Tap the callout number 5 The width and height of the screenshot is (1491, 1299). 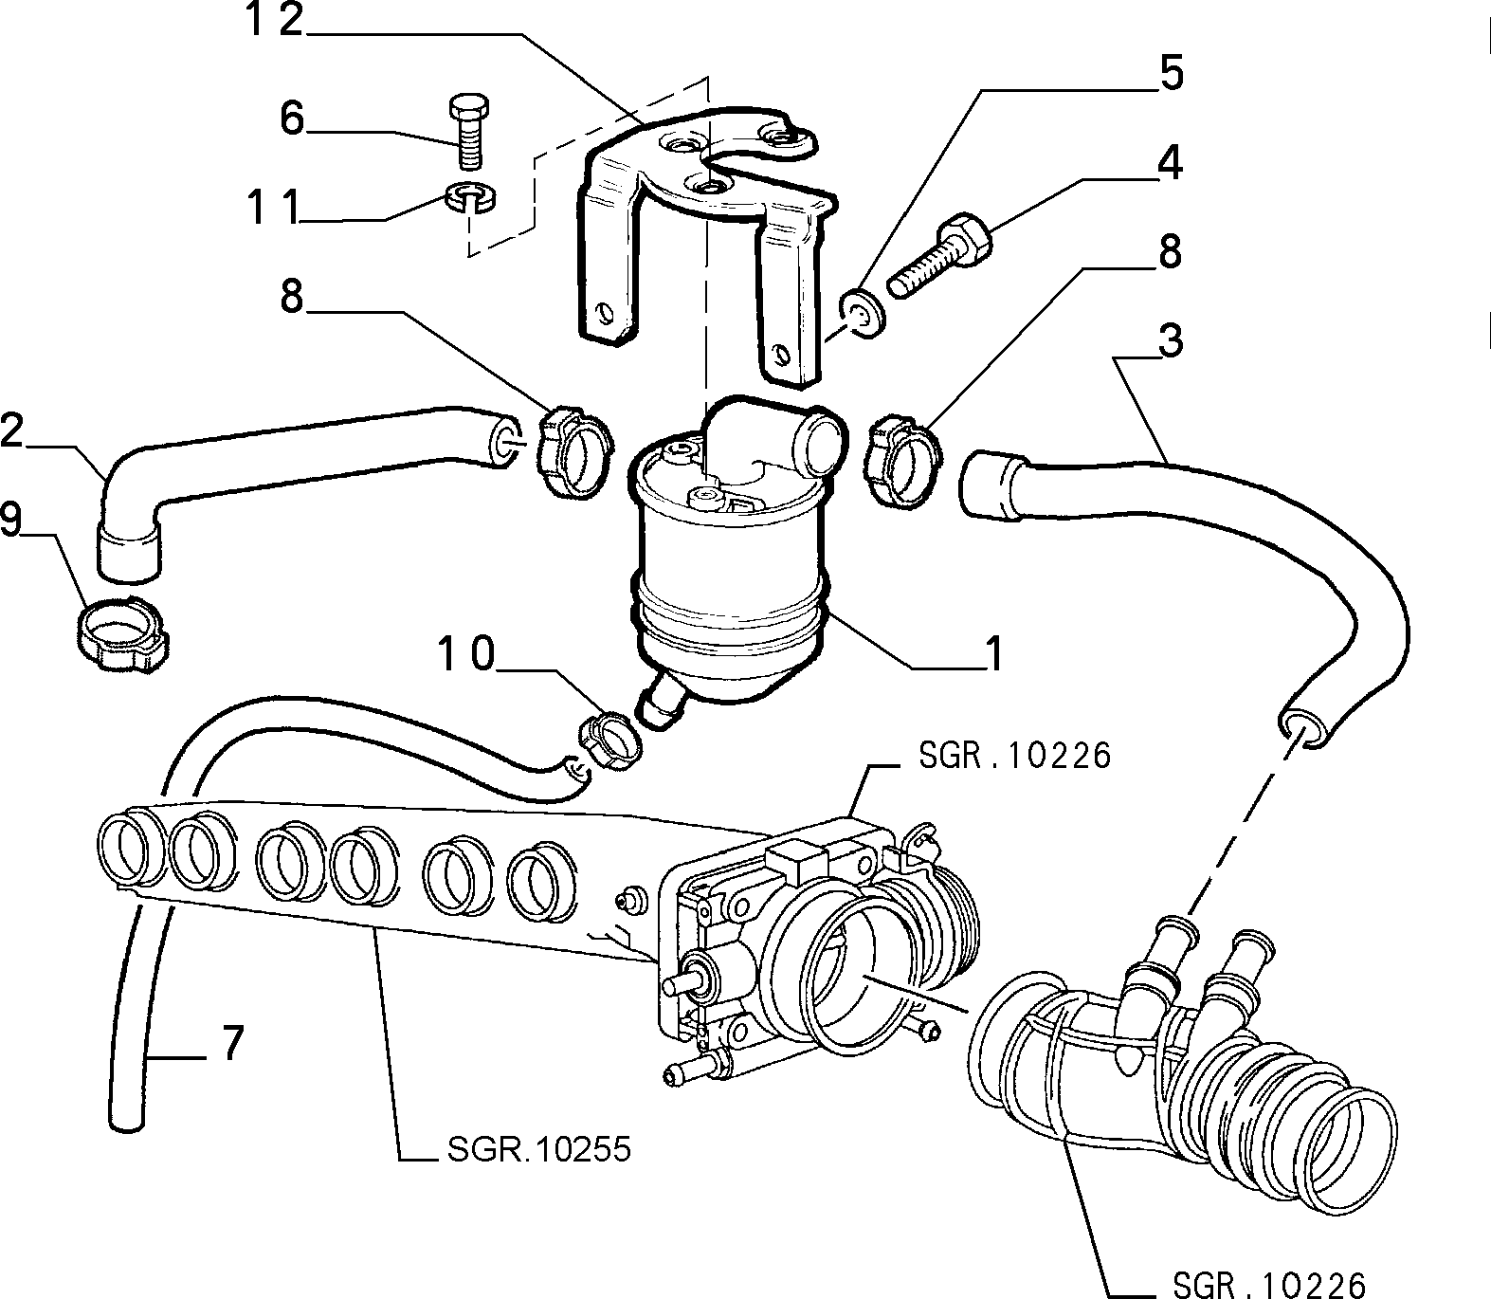tap(1172, 74)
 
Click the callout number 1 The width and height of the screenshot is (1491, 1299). tap(993, 653)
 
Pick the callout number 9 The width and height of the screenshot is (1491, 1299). tap(10, 520)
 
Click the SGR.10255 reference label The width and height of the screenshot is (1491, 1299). tap(536, 1149)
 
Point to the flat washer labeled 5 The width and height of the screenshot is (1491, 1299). tap(861, 314)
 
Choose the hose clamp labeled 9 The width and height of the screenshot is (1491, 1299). tap(120, 631)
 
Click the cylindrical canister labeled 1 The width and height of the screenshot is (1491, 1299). tap(730, 569)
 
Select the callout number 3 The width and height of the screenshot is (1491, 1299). tap(1172, 340)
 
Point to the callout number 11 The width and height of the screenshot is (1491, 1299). tap(274, 208)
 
